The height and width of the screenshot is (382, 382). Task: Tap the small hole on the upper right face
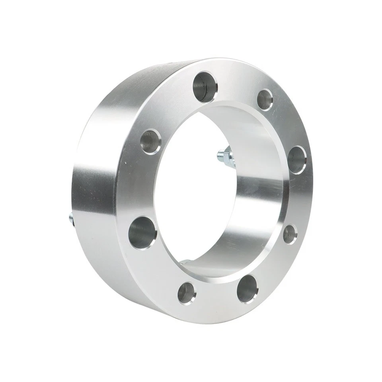(x=265, y=99)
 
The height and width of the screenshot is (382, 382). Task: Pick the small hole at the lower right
(x=290, y=234)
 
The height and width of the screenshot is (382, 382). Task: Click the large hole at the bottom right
(x=247, y=289)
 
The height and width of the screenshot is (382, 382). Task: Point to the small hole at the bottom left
(x=186, y=293)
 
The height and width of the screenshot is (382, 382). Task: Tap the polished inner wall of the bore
(x=259, y=199)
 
